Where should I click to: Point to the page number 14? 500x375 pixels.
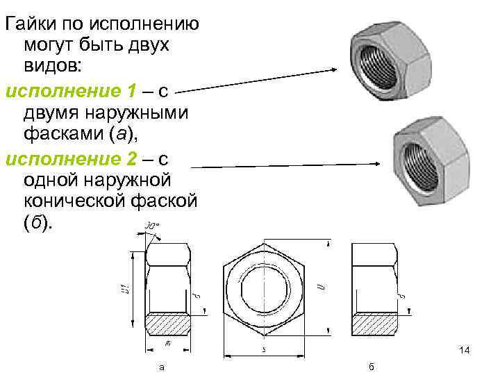465,351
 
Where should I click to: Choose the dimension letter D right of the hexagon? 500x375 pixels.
319,286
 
